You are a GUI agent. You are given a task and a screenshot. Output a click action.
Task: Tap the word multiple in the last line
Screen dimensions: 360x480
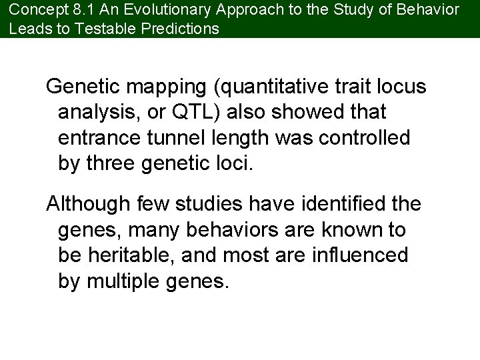click(x=121, y=281)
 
